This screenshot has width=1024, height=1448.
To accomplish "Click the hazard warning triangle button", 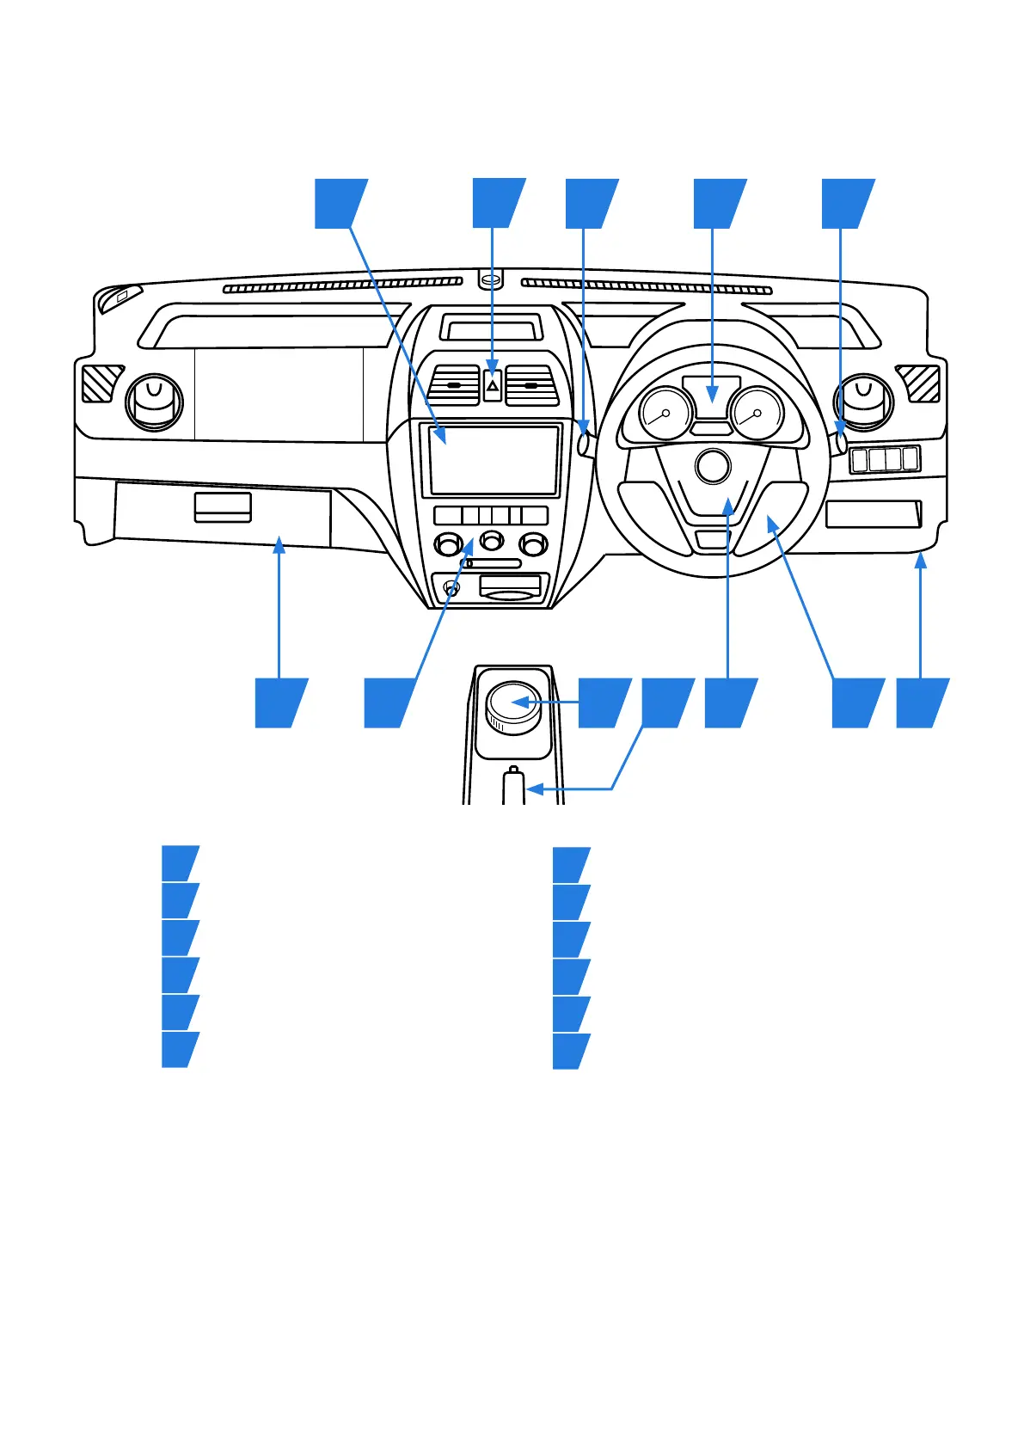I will point(492,386).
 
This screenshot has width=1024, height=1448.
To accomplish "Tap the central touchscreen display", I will point(494,459).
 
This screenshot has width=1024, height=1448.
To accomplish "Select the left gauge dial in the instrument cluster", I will point(665,414).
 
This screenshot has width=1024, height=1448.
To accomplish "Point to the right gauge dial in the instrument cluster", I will point(757,414).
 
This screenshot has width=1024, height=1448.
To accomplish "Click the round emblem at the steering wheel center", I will point(712,467).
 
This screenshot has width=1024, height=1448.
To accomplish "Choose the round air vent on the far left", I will point(155,402).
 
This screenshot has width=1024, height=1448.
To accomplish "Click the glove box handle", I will point(223,507).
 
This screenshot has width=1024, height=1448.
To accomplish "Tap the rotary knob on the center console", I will point(513,706).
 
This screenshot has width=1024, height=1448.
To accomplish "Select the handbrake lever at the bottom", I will point(513,787).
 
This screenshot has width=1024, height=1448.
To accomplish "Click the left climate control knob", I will point(448,543).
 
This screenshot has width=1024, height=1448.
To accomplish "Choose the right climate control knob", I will point(533,543).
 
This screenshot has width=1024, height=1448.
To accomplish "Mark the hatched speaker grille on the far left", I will point(102,383).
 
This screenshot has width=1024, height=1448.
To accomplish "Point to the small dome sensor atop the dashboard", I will point(490,279).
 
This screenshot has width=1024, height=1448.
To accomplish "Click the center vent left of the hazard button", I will point(454,385).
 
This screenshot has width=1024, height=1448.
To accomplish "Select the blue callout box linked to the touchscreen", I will point(340,204).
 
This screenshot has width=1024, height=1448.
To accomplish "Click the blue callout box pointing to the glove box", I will point(280,703).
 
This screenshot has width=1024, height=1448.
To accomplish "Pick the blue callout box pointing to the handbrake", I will point(666,703).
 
